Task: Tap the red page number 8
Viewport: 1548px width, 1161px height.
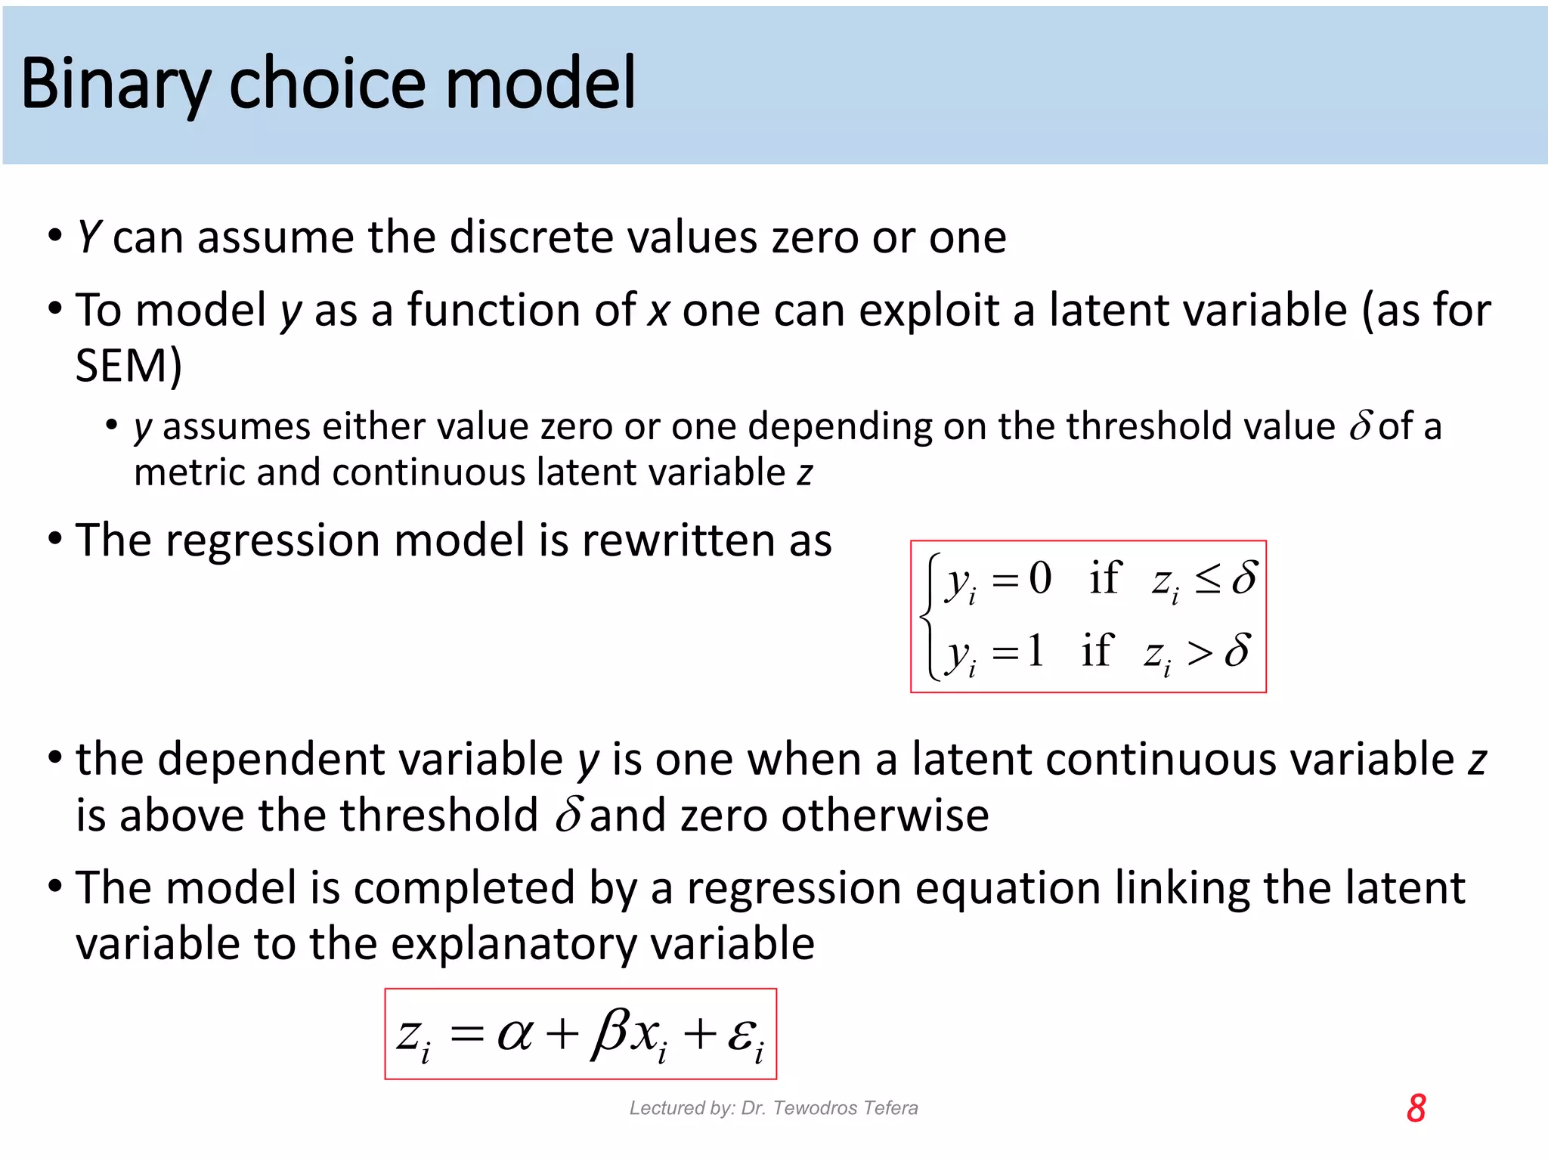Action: click(x=1416, y=1108)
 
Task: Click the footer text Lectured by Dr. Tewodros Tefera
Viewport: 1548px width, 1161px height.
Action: click(x=773, y=1108)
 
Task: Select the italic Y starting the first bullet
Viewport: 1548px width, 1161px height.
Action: click(x=88, y=237)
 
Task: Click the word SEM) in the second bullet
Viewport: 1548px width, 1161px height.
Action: click(x=128, y=367)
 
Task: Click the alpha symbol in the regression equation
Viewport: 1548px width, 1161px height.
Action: click(x=515, y=1034)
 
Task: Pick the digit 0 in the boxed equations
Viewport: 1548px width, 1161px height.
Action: click(x=1040, y=579)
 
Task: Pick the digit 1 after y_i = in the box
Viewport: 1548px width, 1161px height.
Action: click(x=1035, y=651)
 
